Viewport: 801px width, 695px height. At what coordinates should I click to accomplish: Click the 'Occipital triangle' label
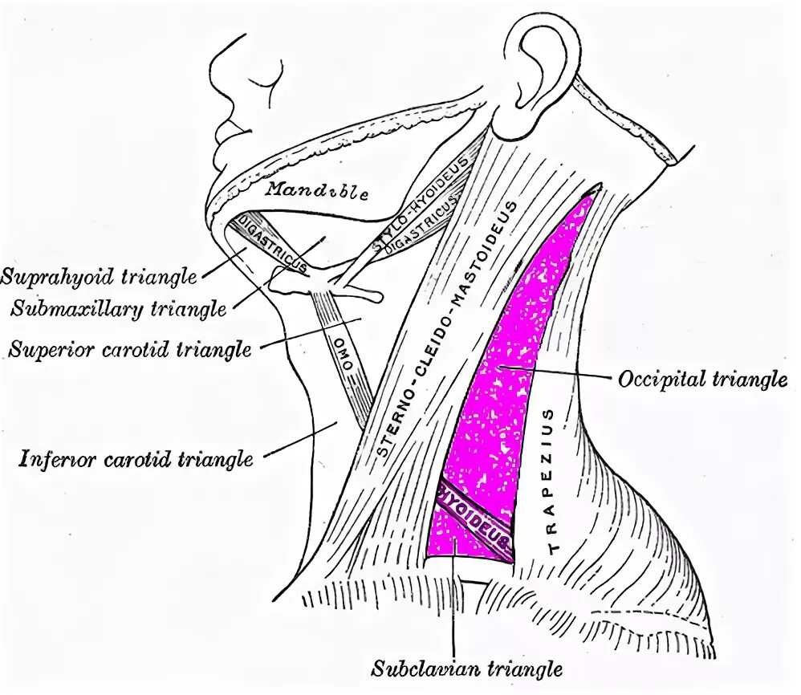[702, 379]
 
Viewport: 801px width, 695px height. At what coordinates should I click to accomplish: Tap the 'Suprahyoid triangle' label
[99, 278]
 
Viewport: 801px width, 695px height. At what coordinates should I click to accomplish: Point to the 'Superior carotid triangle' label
[130, 349]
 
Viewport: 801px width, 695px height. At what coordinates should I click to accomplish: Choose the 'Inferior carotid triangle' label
[136, 459]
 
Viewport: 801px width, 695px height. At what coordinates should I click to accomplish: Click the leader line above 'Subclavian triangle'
[454, 602]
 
